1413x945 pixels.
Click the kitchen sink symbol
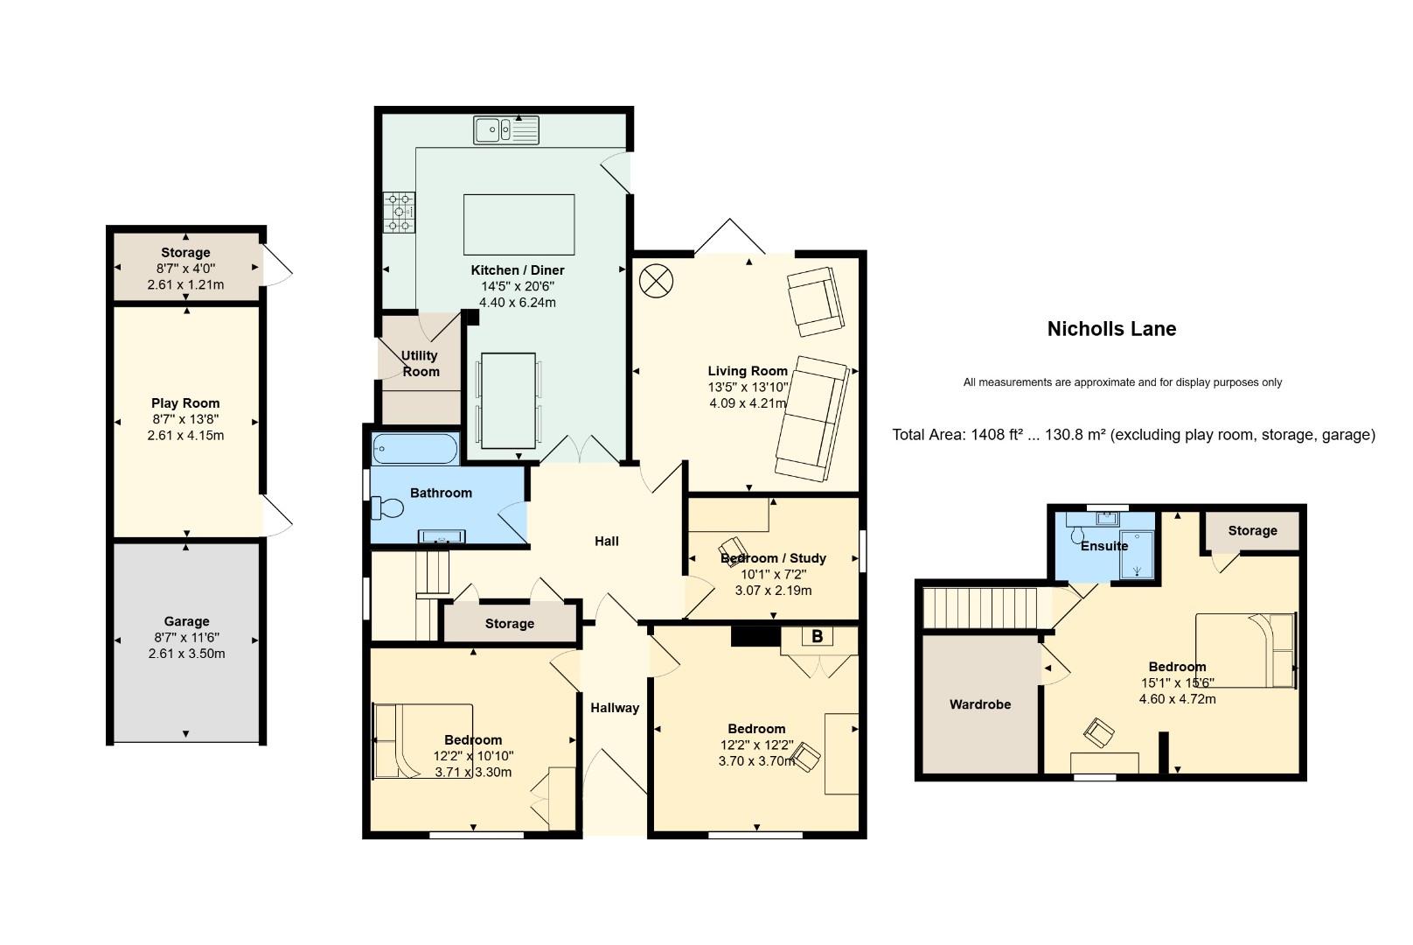(506, 130)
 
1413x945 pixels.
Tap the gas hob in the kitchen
(399, 212)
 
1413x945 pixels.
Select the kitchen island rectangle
(519, 224)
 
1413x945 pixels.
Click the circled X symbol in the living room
(656, 280)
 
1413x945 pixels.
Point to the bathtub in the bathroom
(414, 449)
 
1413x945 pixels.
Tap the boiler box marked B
(817, 636)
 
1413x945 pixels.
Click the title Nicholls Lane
(1111, 329)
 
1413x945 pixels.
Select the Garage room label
(186, 621)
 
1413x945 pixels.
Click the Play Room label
(185, 402)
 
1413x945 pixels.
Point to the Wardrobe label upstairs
(979, 704)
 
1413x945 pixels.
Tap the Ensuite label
(1103, 546)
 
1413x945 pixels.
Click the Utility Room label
(420, 364)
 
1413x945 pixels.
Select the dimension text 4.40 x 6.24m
(518, 303)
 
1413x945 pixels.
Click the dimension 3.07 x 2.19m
(773, 591)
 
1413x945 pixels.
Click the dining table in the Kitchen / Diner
(508, 401)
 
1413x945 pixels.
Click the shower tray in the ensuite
(1138, 554)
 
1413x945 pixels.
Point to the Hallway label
(615, 708)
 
